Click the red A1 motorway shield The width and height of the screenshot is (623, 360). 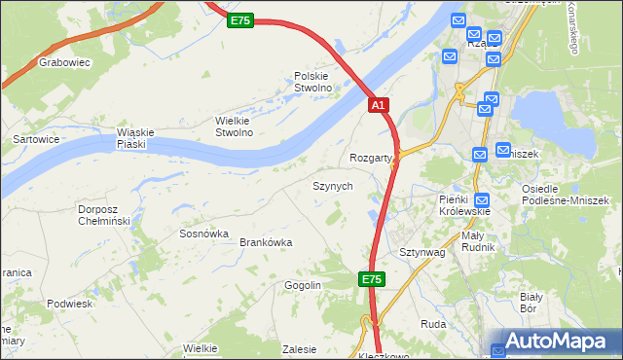pos(380,104)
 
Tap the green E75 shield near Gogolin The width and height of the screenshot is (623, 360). pos(371,279)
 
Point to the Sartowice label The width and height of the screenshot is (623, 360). pos(35,139)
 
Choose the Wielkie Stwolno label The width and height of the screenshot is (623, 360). pos(234,126)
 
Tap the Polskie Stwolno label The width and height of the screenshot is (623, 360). pos(313,82)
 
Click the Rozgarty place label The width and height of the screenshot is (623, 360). pos(371,158)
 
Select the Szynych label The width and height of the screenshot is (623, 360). pos(332,185)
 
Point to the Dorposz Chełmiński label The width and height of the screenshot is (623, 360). pos(104,214)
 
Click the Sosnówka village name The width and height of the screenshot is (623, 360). pos(203,234)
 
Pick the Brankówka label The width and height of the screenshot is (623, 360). pos(266,243)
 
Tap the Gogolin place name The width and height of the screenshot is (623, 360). pos(303,285)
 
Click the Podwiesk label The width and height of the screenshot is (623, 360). pos(68,304)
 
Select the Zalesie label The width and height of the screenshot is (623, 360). pos(299,349)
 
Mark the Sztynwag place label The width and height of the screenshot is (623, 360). pos(421,252)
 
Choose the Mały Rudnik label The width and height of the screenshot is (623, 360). pos(478,241)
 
